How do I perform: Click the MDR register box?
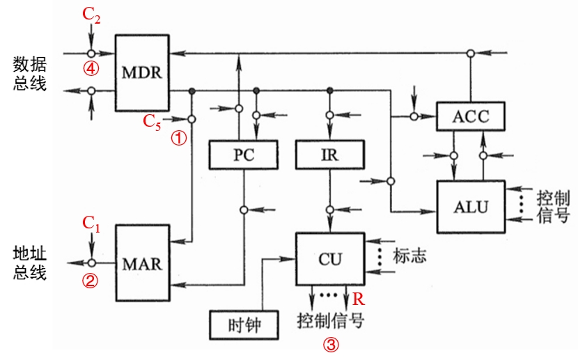coord(142,72)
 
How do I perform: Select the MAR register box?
coord(142,264)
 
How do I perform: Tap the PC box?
coord(244,155)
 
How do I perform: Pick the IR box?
coord(329,155)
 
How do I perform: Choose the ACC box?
coord(471,116)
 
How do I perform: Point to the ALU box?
coord(471,207)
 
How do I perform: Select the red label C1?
coord(91,223)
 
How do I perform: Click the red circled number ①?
coord(179,138)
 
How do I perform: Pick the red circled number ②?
coord(91,281)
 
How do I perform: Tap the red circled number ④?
coord(91,68)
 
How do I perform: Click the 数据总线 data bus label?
coord(30,74)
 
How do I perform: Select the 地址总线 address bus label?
coord(30,262)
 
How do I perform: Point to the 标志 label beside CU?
coord(409,256)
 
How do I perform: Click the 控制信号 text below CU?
coord(331,321)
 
